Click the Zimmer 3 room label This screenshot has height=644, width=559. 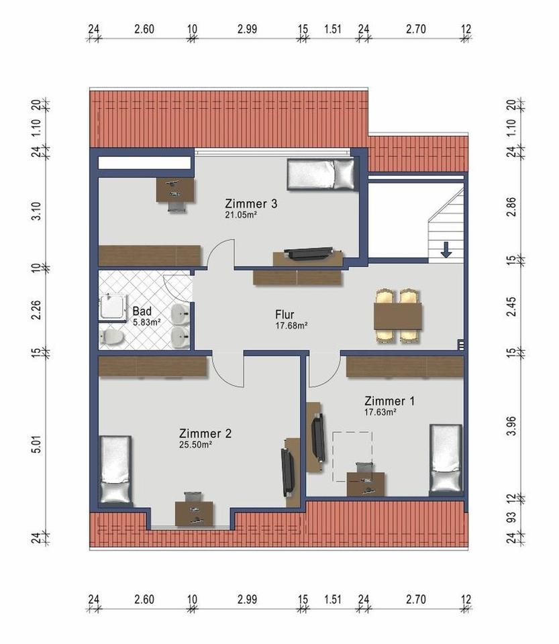(x=251, y=204)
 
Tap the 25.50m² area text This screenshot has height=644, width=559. (x=195, y=444)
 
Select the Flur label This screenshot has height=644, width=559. (x=285, y=315)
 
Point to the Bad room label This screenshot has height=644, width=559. (x=142, y=311)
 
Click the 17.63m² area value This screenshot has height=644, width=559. (x=380, y=412)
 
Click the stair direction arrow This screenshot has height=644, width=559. (x=446, y=250)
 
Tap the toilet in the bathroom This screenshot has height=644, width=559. (x=111, y=337)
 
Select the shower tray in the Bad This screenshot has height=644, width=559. (x=113, y=307)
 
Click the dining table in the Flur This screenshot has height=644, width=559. (x=397, y=316)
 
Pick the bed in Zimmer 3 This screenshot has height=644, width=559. (x=321, y=174)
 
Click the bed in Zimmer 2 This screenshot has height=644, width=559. (x=116, y=470)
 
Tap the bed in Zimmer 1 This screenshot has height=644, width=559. (x=446, y=458)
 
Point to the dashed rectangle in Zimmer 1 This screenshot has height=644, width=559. (x=352, y=456)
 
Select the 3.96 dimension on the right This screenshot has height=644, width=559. (x=511, y=426)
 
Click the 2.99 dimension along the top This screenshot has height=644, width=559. (x=247, y=29)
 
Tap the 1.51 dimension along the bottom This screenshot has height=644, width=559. (x=333, y=599)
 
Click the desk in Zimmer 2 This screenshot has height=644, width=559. (x=194, y=514)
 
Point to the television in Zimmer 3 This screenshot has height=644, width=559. (x=309, y=253)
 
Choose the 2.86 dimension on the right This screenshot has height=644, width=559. (x=511, y=207)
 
